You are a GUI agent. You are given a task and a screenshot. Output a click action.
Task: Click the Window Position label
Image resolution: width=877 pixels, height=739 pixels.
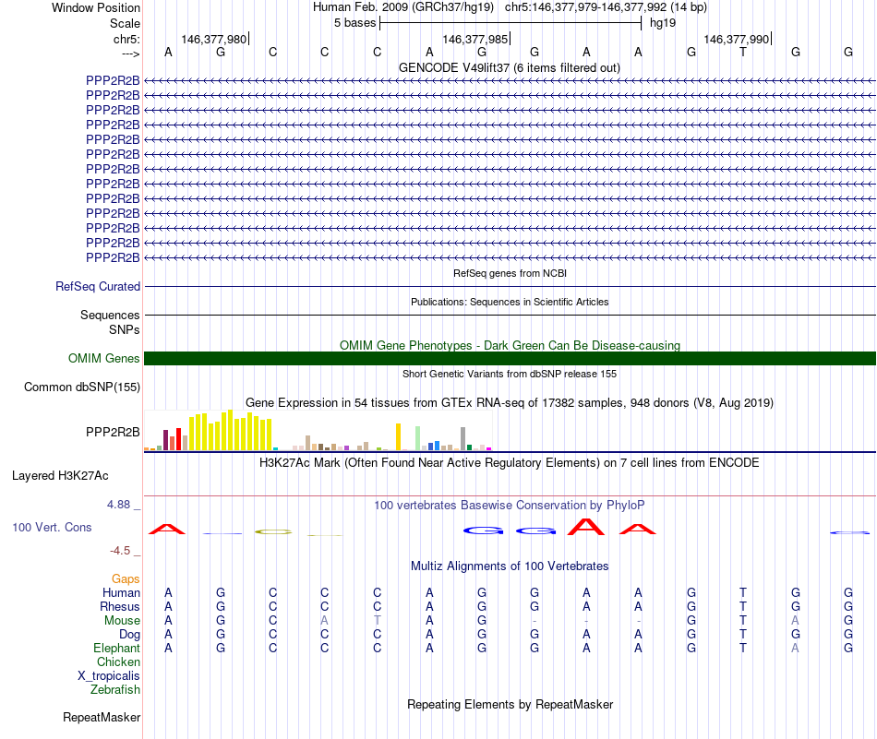(96, 7)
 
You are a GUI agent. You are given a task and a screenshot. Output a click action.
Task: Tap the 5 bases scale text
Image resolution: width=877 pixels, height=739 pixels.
(354, 22)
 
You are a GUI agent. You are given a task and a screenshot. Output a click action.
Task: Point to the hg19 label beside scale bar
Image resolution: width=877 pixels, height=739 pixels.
(663, 22)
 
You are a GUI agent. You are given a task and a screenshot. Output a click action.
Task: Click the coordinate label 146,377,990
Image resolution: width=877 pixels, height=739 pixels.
(736, 39)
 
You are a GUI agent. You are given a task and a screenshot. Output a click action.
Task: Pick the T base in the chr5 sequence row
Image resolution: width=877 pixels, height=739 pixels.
(743, 53)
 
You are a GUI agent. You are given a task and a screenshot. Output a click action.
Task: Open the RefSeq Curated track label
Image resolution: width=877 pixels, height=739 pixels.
(98, 287)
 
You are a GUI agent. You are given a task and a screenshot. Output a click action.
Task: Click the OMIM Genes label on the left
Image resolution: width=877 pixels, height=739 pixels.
(104, 359)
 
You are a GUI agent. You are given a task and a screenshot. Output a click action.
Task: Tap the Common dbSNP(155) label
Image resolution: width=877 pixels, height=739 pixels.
(82, 387)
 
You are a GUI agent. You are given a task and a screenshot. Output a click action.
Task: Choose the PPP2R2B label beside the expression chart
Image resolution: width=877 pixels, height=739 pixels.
(113, 432)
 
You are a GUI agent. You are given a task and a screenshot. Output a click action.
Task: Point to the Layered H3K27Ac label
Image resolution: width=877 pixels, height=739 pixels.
(60, 476)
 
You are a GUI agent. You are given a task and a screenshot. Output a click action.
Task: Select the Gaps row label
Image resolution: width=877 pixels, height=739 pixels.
(126, 579)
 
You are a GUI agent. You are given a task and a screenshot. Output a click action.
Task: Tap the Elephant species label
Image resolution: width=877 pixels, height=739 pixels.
(117, 649)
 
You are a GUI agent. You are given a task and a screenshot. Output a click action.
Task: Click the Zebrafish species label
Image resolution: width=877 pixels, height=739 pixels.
(115, 690)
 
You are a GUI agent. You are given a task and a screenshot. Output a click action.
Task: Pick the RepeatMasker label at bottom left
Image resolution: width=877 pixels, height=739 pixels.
(102, 717)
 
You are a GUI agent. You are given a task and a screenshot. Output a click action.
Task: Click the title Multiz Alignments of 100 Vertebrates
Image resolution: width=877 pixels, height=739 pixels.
(510, 566)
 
